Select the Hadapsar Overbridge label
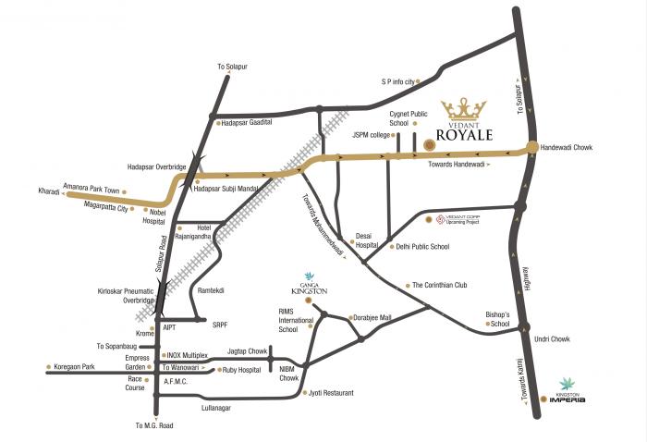[x=157, y=166]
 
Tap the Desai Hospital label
[x=370, y=241]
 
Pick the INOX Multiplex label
[x=189, y=354]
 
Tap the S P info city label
[x=399, y=81]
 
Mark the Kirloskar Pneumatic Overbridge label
[x=124, y=296]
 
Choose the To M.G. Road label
[x=153, y=425]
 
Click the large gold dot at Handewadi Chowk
[x=533, y=147]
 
